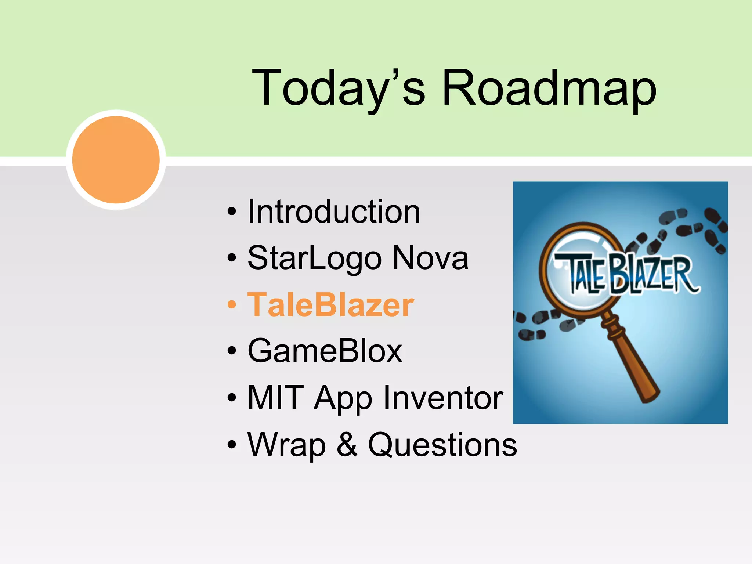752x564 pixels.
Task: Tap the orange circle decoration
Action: [x=116, y=160]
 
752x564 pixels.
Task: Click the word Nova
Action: [x=430, y=258]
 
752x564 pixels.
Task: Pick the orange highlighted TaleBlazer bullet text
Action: [x=330, y=305]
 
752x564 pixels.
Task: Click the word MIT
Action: [x=276, y=398]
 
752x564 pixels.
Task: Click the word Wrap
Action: [x=287, y=445]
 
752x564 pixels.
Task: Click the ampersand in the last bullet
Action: [x=347, y=445]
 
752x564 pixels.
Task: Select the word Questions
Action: [x=442, y=445]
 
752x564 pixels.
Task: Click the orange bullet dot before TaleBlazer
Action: [x=232, y=305]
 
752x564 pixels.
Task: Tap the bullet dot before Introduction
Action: [x=232, y=212]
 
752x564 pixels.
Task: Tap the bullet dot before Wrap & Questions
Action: [x=232, y=445]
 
